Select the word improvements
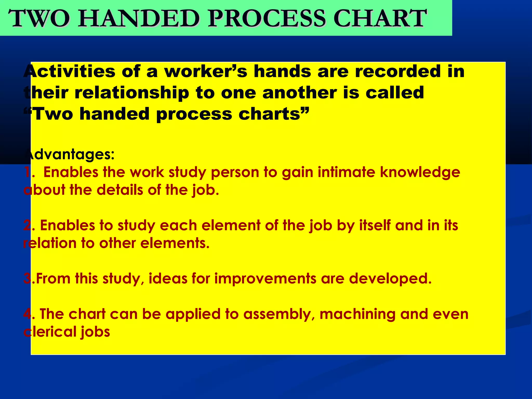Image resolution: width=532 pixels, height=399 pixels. coord(265,279)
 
